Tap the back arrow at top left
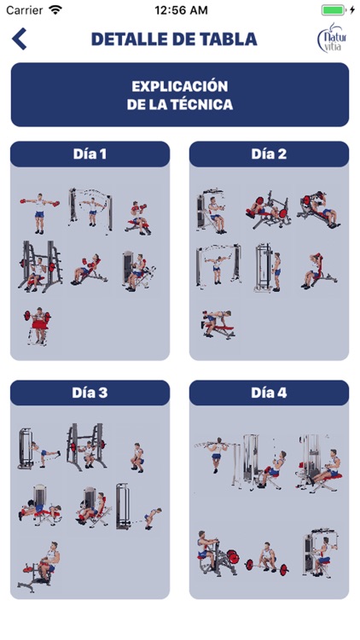tap(19, 38)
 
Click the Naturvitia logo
tap(332, 38)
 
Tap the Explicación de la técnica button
tap(180, 95)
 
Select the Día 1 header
tap(90, 154)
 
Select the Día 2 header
tap(269, 154)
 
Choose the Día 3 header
tap(90, 393)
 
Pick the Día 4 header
tap(269, 393)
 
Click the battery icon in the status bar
tap(334, 10)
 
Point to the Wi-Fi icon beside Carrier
tap(55, 9)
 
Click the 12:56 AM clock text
tap(181, 10)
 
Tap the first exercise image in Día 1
tap(39, 213)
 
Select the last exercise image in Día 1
tap(38, 326)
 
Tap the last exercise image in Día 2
tap(218, 324)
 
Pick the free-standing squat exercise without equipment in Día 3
tap(138, 457)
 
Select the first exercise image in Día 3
tap(38, 449)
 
